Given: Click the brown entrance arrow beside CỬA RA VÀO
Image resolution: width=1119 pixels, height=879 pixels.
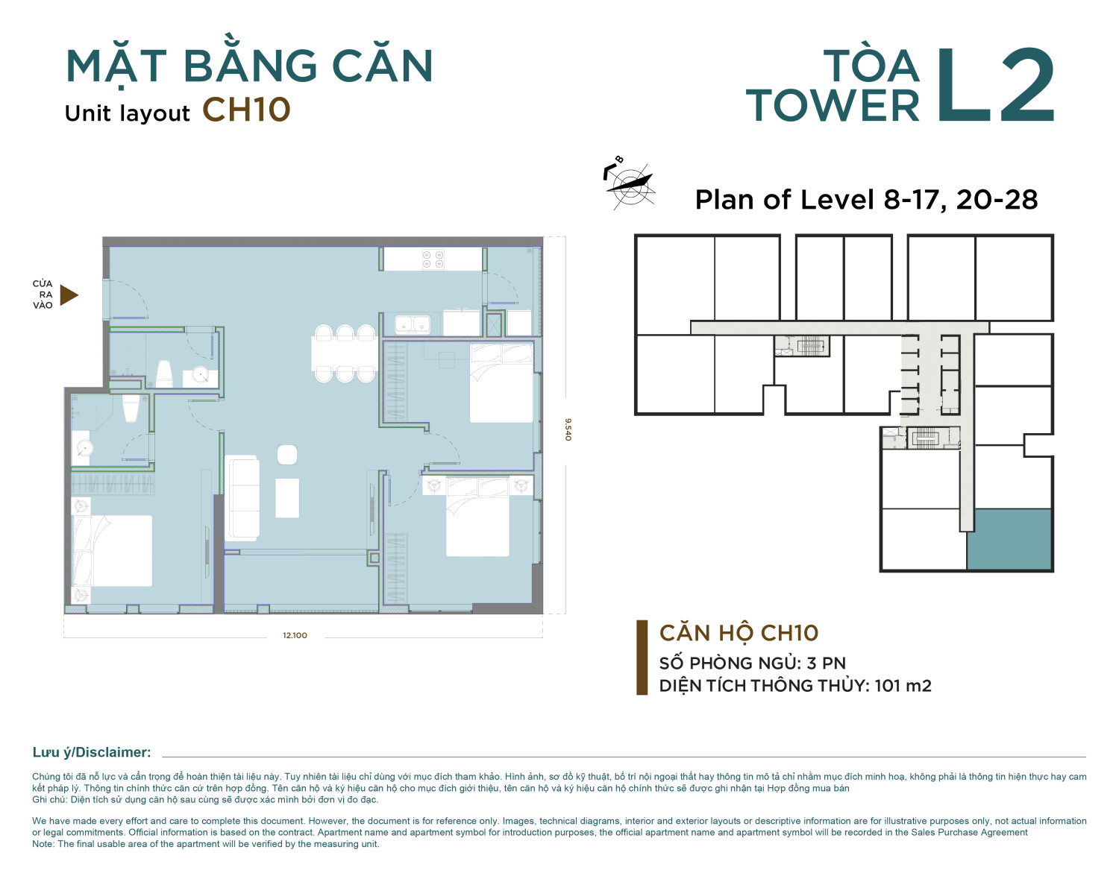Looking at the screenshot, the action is pyautogui.click(x=69, y=295).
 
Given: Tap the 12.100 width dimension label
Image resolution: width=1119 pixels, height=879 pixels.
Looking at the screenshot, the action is pyautogui.click(x=295, y=635).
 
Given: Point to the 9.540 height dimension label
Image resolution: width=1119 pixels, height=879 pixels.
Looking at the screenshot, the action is pyautogui.click(x=568, y=429).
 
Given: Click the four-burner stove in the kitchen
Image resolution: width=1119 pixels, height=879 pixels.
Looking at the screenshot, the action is pyautogui.click(x=433, y=259).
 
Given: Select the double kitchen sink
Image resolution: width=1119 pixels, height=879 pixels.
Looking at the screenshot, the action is pyautogui.click(x=413, y=324).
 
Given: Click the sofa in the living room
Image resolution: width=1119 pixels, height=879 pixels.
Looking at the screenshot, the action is pyautogui.click(x=242, y=498).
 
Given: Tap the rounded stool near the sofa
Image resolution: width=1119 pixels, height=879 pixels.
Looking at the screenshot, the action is pyautogui.click(x=286, y=455).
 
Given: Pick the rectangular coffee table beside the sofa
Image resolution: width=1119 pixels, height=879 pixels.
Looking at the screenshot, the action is pyautogui.click(x=286, y=498).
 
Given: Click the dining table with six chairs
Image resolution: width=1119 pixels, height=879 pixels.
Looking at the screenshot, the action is pyautogui.click(x=345, y=353).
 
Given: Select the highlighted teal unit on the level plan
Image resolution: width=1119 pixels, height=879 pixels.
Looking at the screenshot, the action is pyautogui.click(x=1009, y=539).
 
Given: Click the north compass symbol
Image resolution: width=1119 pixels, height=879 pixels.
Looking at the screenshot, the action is pyautogui.click(x=630, y=183).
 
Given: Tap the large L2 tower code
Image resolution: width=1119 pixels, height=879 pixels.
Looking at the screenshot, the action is pyautogui.click(x=995, y=85).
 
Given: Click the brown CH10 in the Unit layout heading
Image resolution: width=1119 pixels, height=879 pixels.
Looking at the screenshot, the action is pyautogui.click(x=246, y=110).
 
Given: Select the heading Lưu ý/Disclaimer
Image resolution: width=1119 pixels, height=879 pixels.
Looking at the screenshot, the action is pyautogui.click(x=92, y=752).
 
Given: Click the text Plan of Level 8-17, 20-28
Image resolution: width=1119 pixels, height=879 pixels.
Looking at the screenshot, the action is pyautogui.click(x=866, y=200).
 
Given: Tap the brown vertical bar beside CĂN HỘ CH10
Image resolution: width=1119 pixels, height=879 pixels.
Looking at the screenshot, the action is pyautogui.click(x=642, y=658).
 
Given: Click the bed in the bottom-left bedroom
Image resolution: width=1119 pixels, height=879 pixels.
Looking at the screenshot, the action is pyautogui.click(x=112, y=551).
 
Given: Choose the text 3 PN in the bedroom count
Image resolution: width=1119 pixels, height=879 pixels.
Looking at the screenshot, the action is pyautogui.click(x=826, y=663).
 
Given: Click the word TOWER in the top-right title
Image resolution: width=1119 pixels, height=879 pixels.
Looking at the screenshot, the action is pyautogui.click(x=833, y=106).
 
